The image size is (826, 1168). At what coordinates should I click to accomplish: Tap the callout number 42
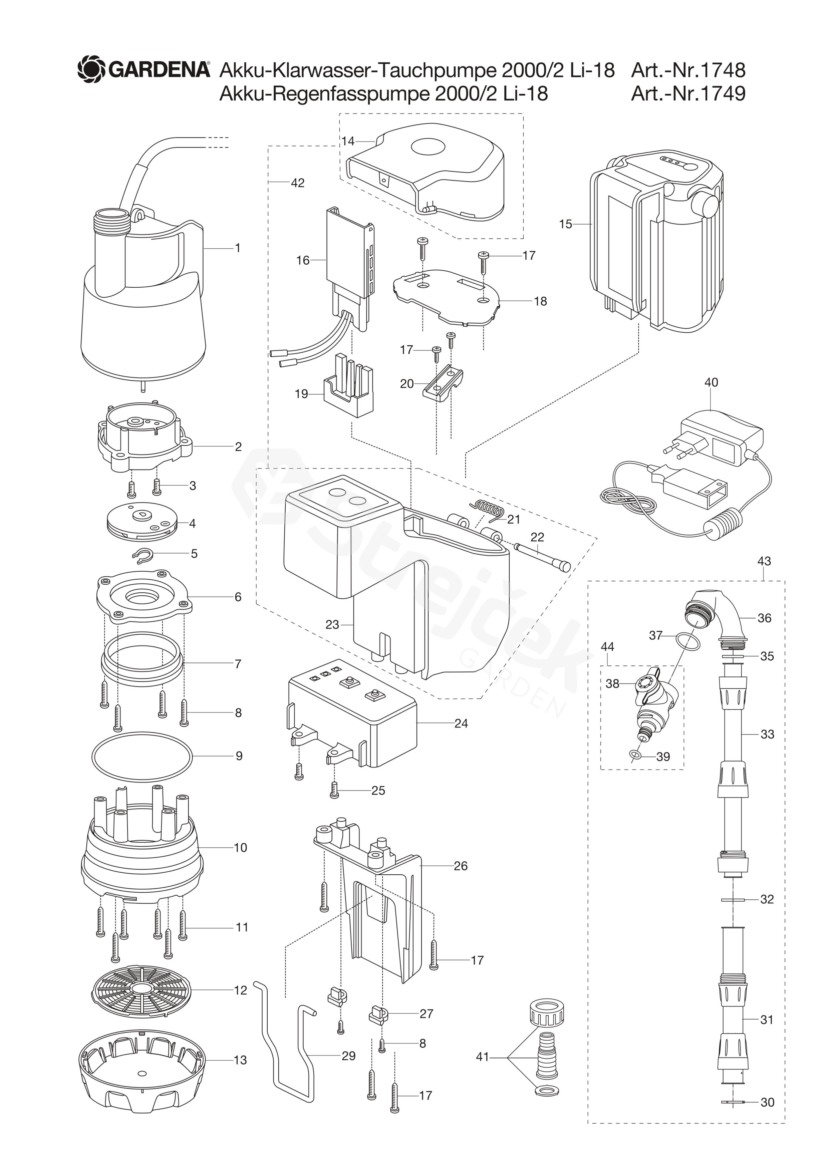tap(298, 183)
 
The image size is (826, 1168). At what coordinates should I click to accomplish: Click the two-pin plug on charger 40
tap(681, 444)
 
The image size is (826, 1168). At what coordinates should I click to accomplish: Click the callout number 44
tap(607, 647)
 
